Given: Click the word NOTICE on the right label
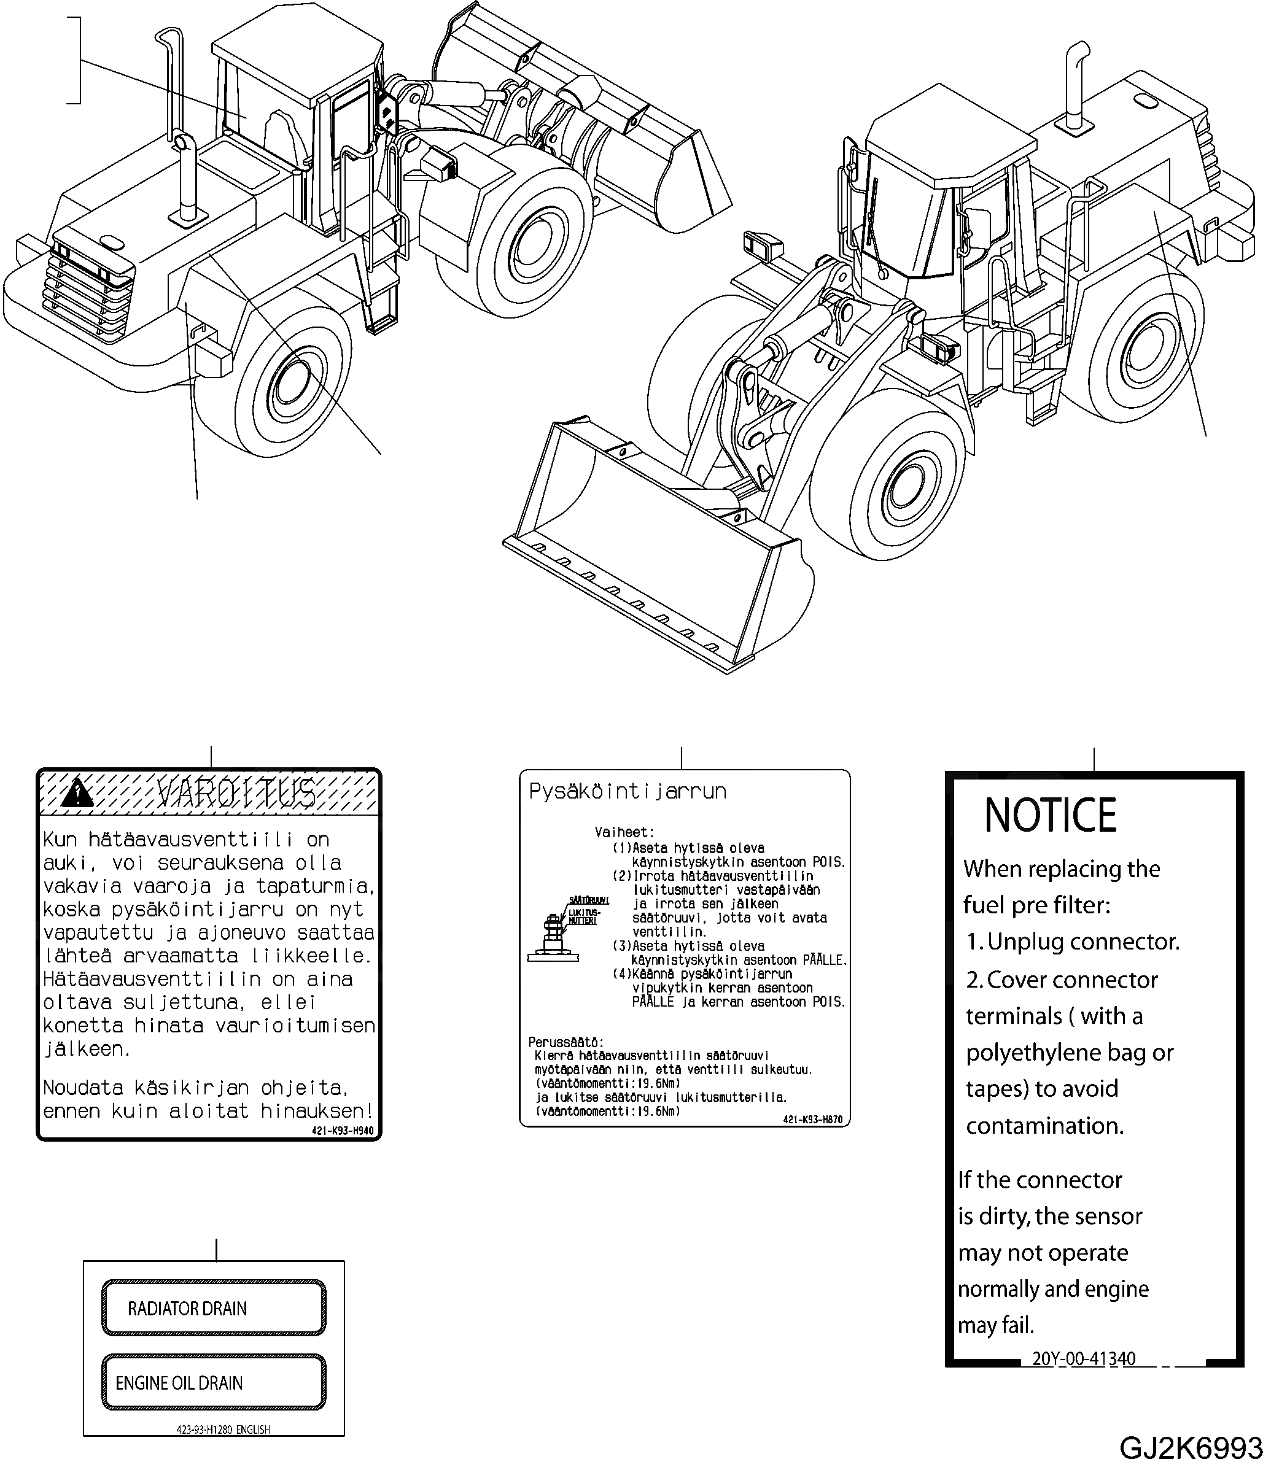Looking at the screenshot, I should coord(1049,816).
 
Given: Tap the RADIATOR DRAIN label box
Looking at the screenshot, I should coord(214,1307).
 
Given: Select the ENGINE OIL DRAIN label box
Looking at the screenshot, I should coord(214,1382).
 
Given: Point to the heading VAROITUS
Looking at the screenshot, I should coord(236,793).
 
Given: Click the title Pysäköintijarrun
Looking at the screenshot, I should coord(628,791).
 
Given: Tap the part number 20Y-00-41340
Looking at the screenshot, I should coord(1083,1358).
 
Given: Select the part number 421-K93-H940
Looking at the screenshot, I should coord(342,1131).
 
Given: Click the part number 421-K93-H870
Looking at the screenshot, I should coord(812,1119).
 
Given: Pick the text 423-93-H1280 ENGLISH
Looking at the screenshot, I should coord(223,1430).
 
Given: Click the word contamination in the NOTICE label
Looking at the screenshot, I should coord(1044,1126).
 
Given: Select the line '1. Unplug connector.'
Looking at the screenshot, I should coord(1072,942).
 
